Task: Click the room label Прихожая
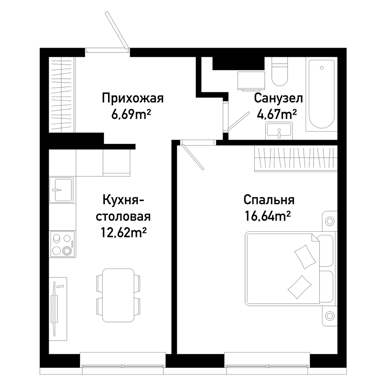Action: pos(133,98)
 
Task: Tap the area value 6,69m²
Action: pos(131,114)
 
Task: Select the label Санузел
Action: pos(278,98)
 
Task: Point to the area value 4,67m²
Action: pos(277,114)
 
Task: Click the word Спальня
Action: pos(269,200)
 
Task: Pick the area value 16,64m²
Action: pos(267,216)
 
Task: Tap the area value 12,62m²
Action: pos(124,232)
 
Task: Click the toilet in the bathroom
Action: pos(279,71)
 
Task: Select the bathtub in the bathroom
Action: pos(322,94)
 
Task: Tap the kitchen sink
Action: pos(61,190)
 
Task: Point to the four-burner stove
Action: pos(62,244)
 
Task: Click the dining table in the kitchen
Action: pos(119,295)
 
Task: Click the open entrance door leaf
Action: pos(117,30)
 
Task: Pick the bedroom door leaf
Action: pos(193,157)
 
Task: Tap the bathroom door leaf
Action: pos(238,121)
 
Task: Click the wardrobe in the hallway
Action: pos(62,95)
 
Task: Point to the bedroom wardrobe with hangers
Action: pos(296,159)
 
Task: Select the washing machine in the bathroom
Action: pos(251,81)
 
